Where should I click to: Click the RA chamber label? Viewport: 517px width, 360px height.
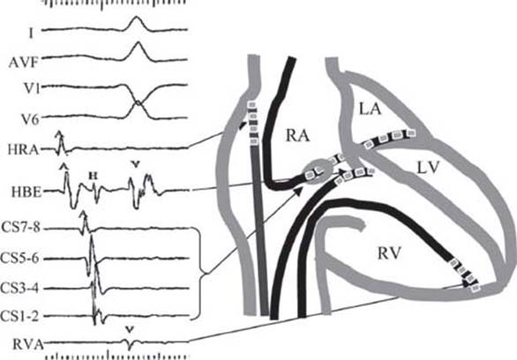click(x=298, y=135)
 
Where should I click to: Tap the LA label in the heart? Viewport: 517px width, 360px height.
click(x=370, y=109)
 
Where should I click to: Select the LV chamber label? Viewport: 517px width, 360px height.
click(x=428, y=168)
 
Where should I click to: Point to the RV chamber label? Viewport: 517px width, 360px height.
click(x=389, y=254)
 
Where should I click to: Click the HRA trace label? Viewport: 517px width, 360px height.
click(x=23, y=150)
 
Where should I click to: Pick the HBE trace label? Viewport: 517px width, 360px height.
click(x=26, y=192)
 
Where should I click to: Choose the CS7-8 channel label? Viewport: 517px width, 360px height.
click(x=21, y=228)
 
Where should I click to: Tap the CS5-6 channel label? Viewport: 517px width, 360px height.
click(x=20, y=259)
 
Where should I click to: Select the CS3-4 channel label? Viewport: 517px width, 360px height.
click(x=19, y=289)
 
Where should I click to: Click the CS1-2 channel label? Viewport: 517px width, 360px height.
click(x=19, y=317)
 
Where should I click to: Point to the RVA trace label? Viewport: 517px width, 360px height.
click(x=27, y=344)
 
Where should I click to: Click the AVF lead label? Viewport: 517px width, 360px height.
click(x=24, y=63)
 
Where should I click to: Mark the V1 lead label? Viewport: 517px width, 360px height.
click(x=32, y=89)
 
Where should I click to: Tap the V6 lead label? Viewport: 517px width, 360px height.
click(x=32, y=119)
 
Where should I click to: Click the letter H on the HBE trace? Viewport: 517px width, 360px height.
click(x=94, y=176)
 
